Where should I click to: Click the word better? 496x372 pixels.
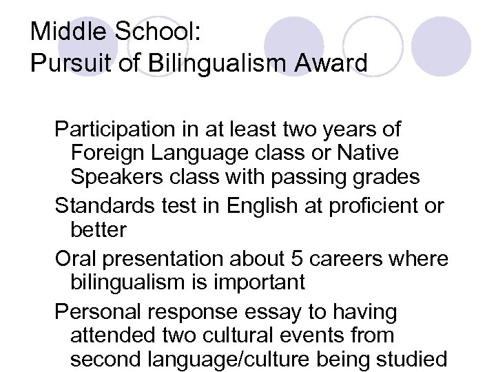point(99,230)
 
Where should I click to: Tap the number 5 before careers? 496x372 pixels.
point(298,259)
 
